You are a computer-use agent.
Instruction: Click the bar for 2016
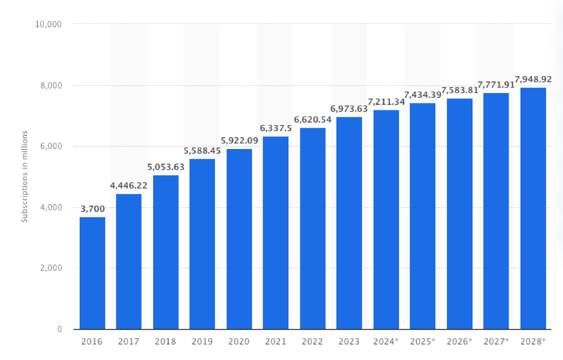coord(92,273)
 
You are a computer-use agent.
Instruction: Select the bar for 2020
coord(239,239)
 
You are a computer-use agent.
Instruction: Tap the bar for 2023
coord(349,223)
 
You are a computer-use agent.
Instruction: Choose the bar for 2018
coord(166,252)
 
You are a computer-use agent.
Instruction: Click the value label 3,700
coord(92,209)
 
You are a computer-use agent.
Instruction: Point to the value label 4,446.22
coord(129,186)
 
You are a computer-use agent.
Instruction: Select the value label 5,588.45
coord(203,150)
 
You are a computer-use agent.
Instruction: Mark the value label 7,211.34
coord(386,101)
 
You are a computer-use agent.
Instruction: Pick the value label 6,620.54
coord(312,119)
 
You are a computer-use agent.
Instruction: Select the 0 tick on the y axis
coord(60,329)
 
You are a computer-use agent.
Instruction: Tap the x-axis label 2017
coord(129,341)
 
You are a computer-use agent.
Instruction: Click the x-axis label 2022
coord(313,341)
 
